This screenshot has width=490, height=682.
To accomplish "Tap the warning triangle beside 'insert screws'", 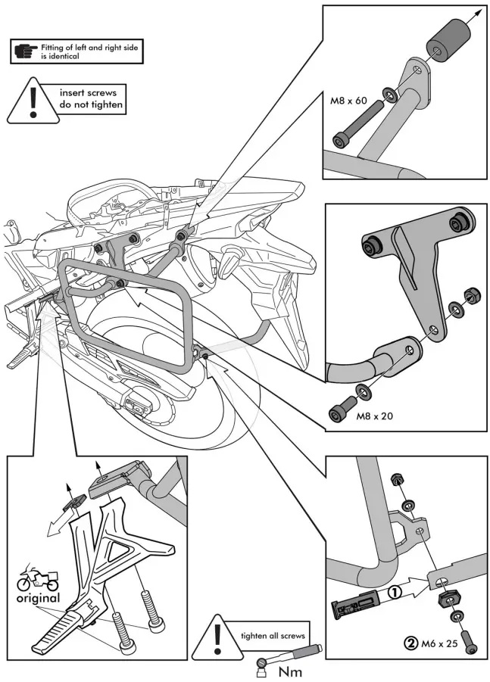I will click(32, 102).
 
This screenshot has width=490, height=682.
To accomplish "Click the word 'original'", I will click(38, 598).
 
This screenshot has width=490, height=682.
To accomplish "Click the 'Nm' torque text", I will click(292, 670).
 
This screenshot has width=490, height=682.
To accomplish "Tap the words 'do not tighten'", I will click(91, 104).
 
